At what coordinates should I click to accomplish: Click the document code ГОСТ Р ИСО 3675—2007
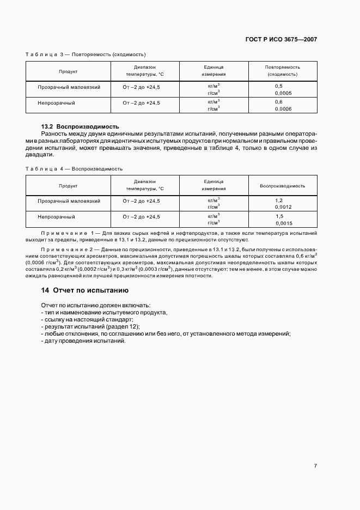(x=282, y=40)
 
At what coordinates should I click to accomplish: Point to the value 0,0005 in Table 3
(x=283, y=93)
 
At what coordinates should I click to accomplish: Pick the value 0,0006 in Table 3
(x=283, y=109)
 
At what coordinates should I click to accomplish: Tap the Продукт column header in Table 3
(x=68, y=71)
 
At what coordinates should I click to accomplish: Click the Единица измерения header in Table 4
(x=213, y=185)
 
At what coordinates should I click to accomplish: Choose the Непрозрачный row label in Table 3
(x=56, y=102)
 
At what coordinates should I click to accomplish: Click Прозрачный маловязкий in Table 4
(x=69, y=201)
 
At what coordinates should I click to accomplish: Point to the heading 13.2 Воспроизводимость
(x=80, y=126)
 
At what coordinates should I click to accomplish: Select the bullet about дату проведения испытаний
(x=83, y=341)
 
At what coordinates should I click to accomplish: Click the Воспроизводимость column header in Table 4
(x=282, y=186)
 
